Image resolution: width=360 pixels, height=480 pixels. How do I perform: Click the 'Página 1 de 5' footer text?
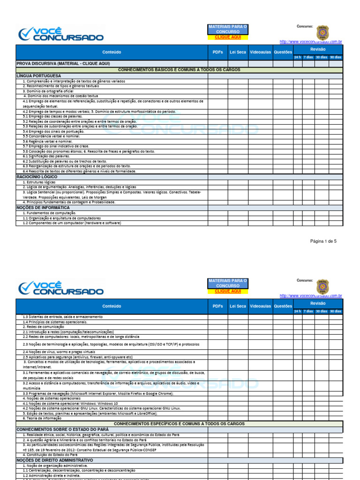[323, 241]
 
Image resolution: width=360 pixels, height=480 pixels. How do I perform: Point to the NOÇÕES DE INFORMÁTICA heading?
[43, 207]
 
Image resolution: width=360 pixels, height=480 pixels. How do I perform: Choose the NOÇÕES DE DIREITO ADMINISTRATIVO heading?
[54, 460]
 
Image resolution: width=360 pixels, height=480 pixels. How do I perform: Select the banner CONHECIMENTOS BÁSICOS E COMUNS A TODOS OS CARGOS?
[179, 69]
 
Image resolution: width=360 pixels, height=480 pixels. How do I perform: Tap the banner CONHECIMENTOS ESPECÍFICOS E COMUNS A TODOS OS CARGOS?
[179, 423]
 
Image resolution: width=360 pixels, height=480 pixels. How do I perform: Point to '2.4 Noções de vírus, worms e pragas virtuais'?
[59, 352]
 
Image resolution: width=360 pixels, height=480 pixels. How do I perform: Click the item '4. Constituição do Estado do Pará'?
[50, 455]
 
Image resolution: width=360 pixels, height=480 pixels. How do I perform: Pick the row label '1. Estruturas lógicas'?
[39, 182]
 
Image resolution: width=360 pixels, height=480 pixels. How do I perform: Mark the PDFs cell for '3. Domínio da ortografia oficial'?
[217, 91]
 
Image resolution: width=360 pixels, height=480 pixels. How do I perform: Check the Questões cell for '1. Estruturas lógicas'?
[283, 182]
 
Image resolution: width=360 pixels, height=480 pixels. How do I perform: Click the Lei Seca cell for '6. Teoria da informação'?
[238, 418]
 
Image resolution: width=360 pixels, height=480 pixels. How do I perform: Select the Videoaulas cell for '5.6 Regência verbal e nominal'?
[260, 141]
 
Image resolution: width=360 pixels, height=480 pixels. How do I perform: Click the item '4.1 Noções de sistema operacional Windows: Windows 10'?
[70, 403]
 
